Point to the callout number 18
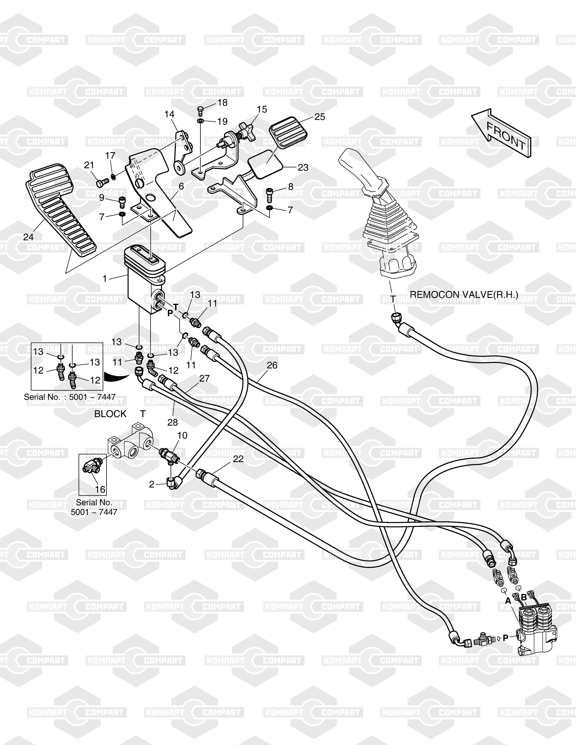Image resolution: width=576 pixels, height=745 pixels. (222, 103)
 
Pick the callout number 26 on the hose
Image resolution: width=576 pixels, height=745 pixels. (272, 365)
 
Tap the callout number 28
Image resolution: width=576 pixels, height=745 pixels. (173, 422)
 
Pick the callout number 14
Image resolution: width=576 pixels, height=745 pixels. (170, 114)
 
